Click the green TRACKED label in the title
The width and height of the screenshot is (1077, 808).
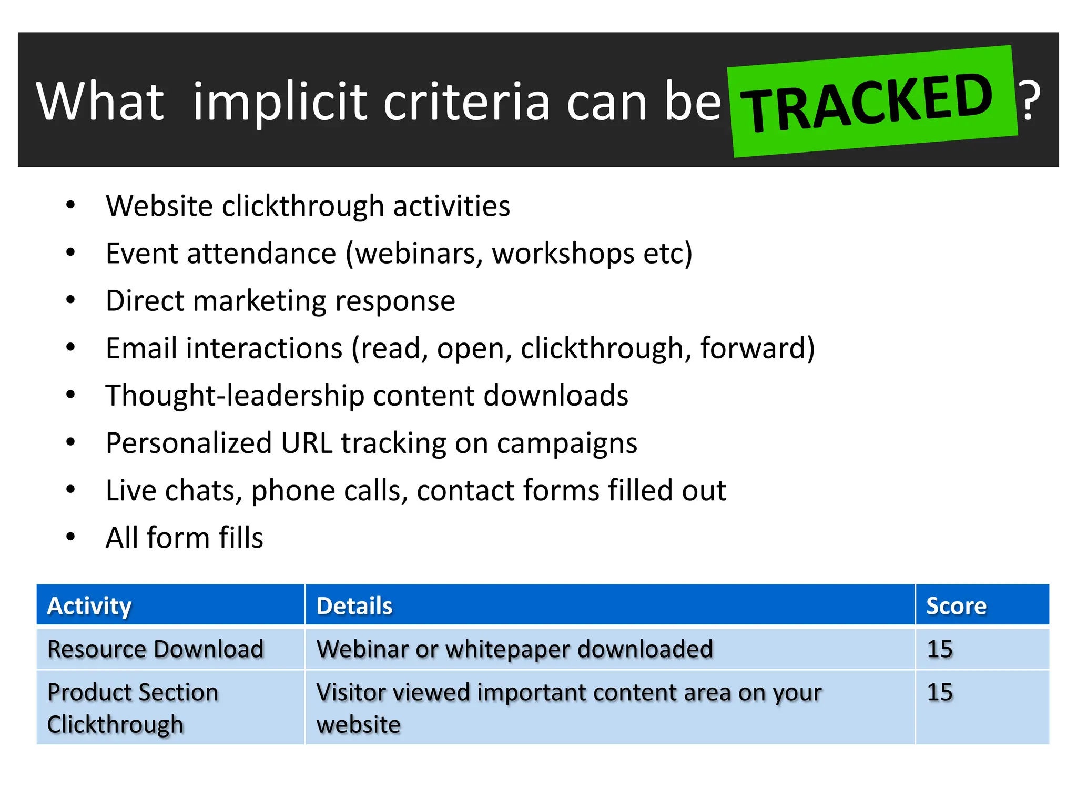pyautogui.click(x=870, y=101)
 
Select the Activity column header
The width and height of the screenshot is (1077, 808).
pyautogui.click(x=89, y=605)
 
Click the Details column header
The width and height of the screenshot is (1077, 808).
pyautogui.click(x=354, y=605)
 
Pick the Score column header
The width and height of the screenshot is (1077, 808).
pyautogui.click(x=956, y=605)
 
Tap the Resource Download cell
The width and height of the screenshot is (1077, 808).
pyautogui.click(x=155, y=649)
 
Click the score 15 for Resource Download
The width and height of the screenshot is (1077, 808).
pyautogui.click(x=940, y=649)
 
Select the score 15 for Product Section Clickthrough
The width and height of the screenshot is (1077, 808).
pyautogui.click(x=940, y=692)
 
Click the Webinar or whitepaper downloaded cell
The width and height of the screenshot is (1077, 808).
pyautogui.click(x=514, y=649)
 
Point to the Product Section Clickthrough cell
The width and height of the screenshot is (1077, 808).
pyautogui.click(x=133, y=708)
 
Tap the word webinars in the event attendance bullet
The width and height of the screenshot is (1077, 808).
pyautogui.click(x=419, y=254)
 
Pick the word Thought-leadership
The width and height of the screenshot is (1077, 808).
pyautogui.click(x=235, y=396)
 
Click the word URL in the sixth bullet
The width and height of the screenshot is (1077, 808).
pyautogui.click(x=307, y=443)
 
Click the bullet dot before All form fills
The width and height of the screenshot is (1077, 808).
pyautogui.click(x=70, y=537)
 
